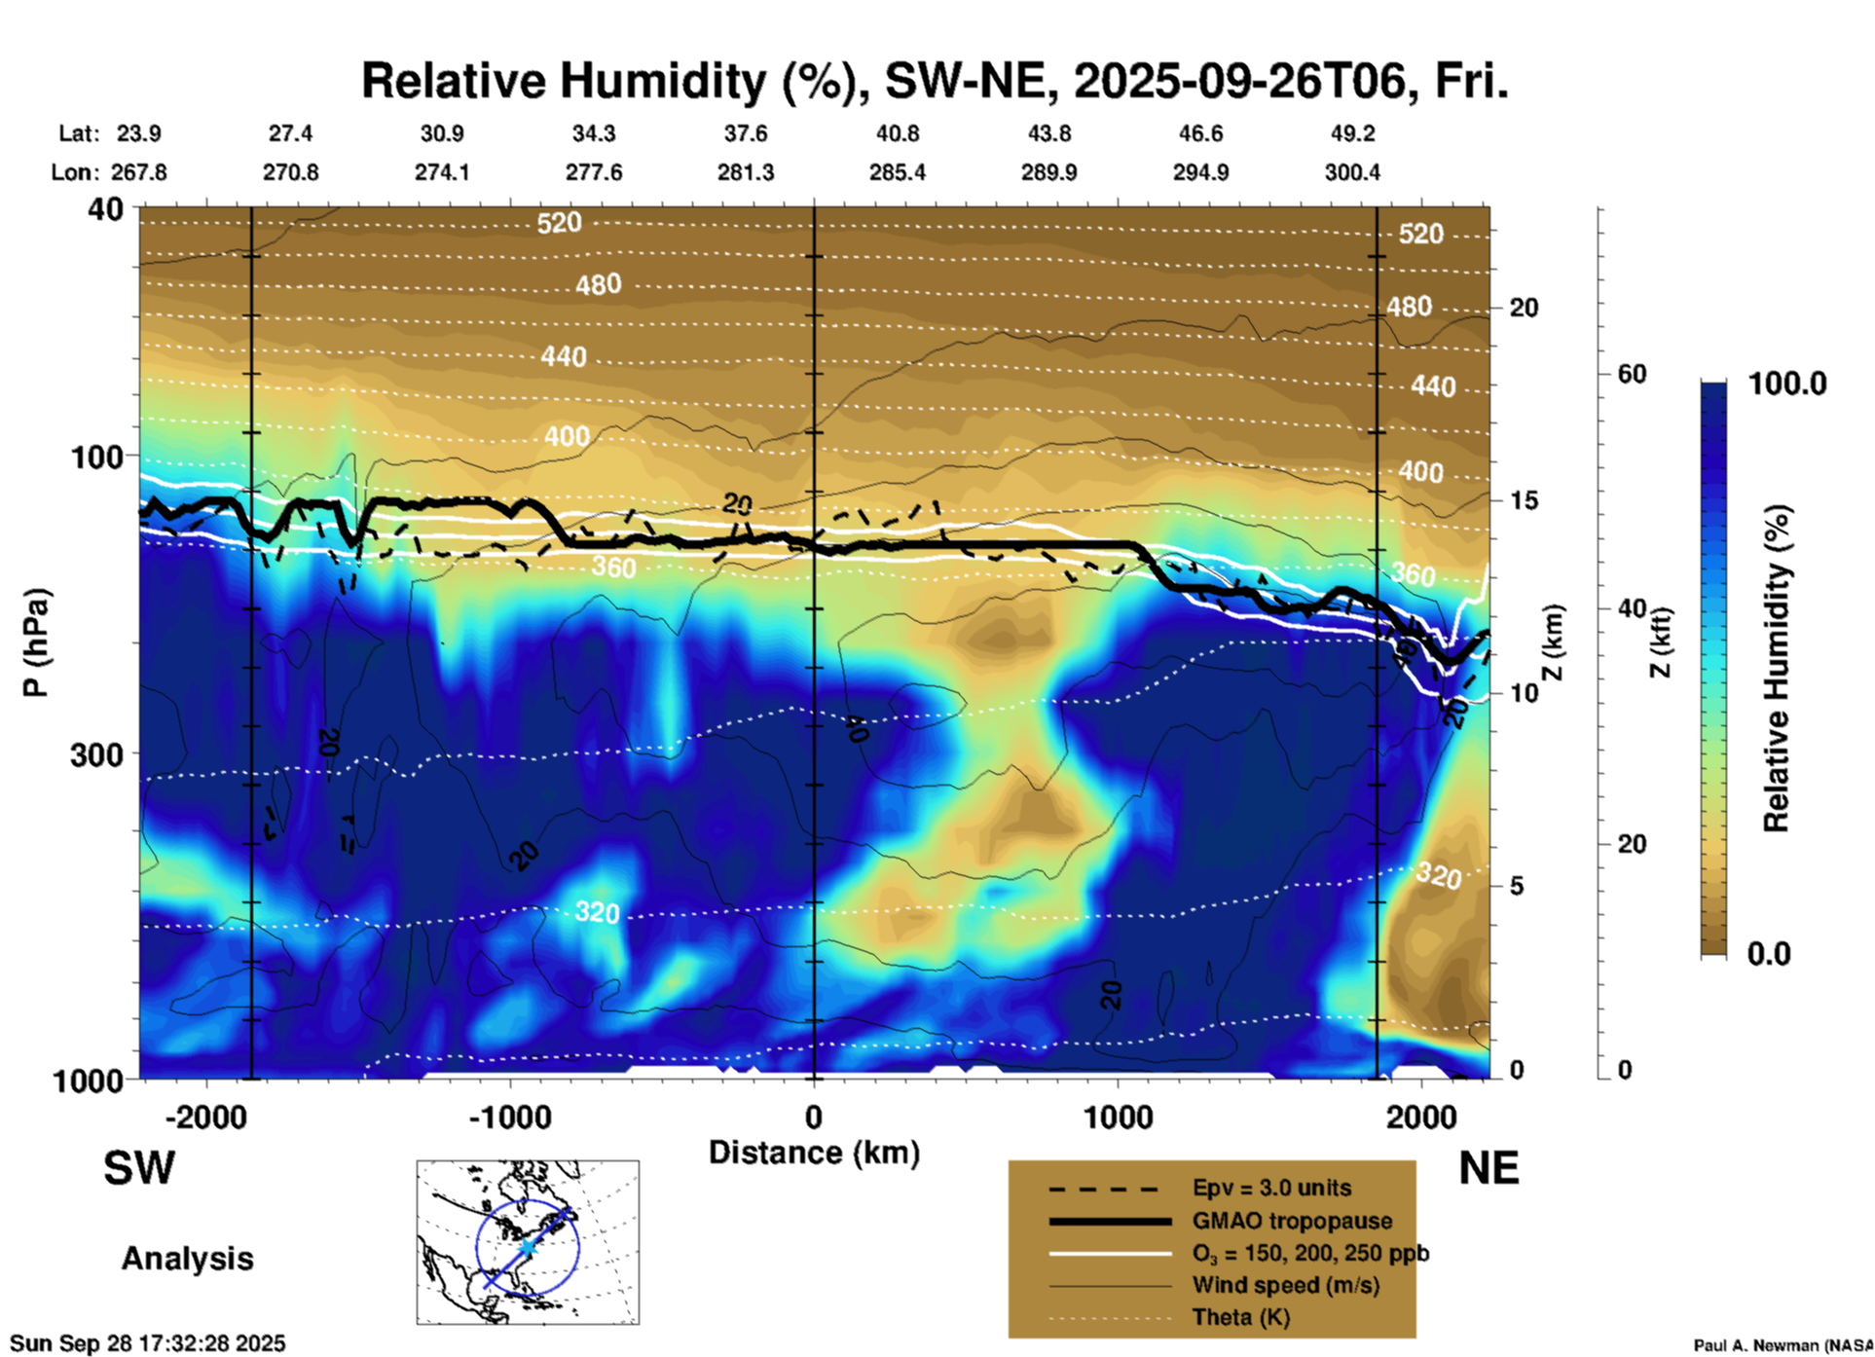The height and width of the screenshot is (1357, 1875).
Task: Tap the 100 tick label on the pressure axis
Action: [97, 456]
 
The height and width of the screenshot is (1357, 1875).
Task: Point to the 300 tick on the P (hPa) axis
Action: [97, 753]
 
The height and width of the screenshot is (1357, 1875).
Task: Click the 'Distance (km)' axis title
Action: [814, 1153]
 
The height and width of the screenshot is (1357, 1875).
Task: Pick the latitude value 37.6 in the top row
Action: [746, 133]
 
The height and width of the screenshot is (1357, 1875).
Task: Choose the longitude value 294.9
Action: [1200, 172]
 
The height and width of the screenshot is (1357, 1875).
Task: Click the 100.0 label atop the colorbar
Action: [1787, 384]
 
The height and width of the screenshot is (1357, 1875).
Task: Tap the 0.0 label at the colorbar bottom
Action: [1769, 954]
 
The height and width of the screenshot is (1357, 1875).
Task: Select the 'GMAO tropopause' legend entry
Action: [1292, 1221]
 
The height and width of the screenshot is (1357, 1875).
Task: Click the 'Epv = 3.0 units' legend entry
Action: [1271, 1189]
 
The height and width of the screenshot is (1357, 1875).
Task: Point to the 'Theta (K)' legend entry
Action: [1240, 1318]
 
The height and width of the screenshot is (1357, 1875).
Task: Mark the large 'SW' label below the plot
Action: [139, 1168]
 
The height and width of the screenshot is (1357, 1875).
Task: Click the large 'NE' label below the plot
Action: [1489, 1168]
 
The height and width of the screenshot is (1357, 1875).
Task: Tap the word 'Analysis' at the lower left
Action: [187, 1259]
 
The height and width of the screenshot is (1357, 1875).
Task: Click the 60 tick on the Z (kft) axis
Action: [1632, 374]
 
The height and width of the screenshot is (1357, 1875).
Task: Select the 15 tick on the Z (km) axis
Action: [1524, 500]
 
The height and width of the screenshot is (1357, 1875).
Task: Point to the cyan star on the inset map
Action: [527, 1246]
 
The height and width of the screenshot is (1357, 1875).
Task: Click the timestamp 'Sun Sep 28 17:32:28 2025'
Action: [148, 1343]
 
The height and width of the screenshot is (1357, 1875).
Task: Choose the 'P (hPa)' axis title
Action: [35, 642]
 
